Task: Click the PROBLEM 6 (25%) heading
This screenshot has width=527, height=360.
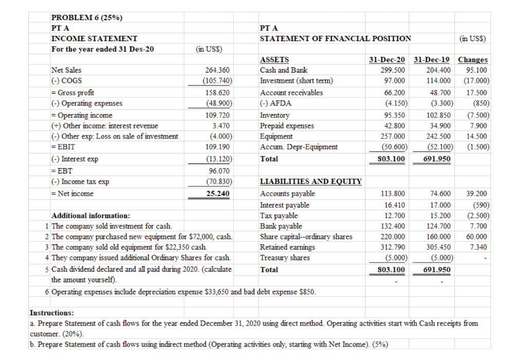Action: (x=87, y=18)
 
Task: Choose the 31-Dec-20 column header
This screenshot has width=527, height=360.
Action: (x=387, y=60)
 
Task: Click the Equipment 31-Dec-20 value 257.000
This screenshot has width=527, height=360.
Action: (x=393, y=136)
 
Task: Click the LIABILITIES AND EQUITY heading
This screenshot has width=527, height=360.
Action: (x=311, y=182)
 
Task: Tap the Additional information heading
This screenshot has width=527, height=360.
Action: (x=91, y=215)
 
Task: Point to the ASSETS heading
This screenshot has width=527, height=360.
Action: (x=275, y=60)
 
